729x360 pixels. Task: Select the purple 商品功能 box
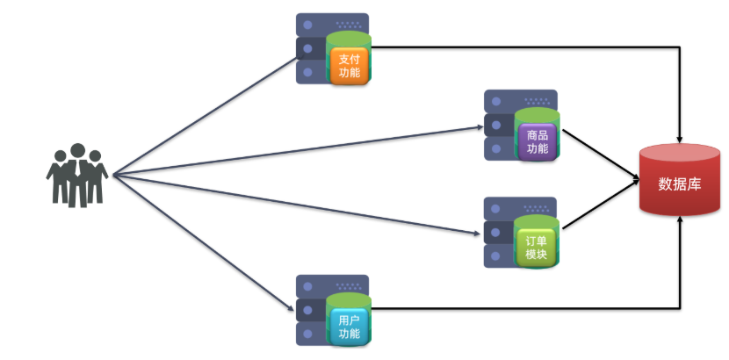point(538,141)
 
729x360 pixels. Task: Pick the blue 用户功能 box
point(350,327)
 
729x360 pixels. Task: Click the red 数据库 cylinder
point(680,180)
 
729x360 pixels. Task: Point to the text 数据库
point(680,184)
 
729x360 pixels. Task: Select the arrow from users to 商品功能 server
point(299,150)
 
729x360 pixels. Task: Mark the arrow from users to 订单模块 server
point(299,205)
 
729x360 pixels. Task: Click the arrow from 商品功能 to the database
point(602,157)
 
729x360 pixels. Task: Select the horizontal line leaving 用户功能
point(527,308)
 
